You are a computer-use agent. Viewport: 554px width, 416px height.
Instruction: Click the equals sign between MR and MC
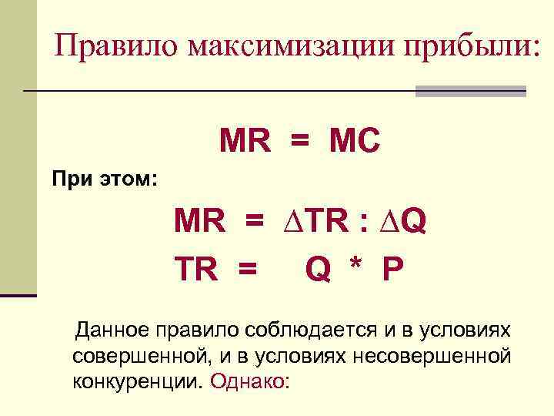299,142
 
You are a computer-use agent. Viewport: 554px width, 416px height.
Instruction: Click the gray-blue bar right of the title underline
470,91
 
